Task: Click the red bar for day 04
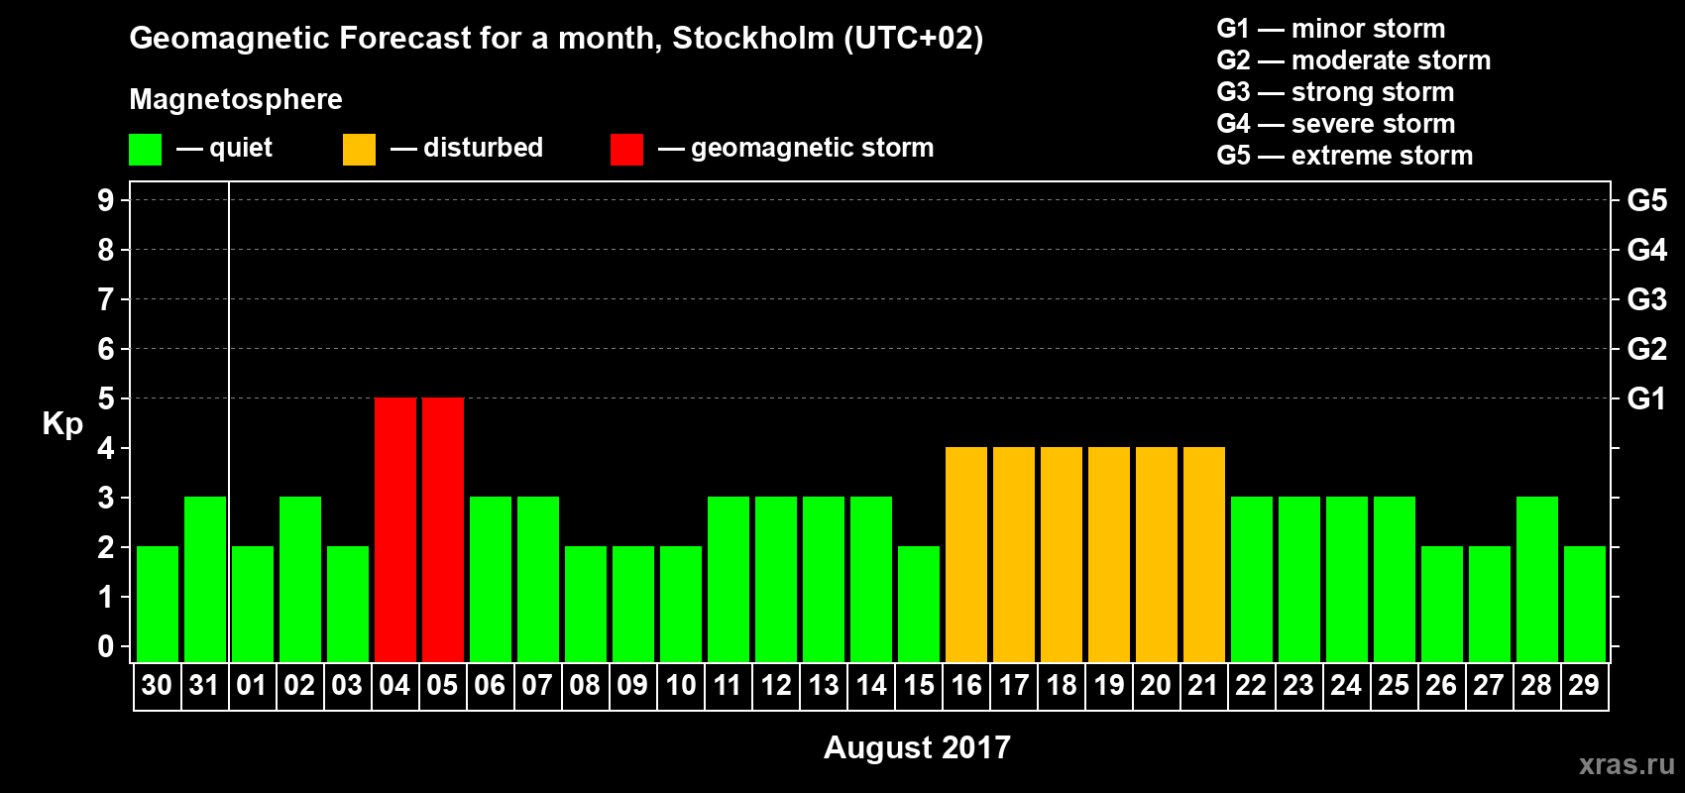[395, 529]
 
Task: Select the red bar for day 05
[443, 529]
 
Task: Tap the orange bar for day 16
[966, 554]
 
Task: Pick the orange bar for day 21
[1204, 554]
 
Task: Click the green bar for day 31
[205, 579]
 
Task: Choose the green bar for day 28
[1537, 579]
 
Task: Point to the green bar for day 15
[919, 604]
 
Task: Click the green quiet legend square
[145, 150]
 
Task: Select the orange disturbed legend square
[359, 150]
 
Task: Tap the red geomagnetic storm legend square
[626, 150]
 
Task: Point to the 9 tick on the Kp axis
[106, 200]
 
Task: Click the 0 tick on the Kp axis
[106, 646]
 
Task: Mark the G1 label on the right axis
[1646, 398]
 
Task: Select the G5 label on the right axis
[1646, 200]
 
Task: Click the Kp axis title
[62, 423]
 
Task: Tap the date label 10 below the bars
[681, 685]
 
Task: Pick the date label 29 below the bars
[1584, 685]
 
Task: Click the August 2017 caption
[917, 747]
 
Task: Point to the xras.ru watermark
[1626, 764]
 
